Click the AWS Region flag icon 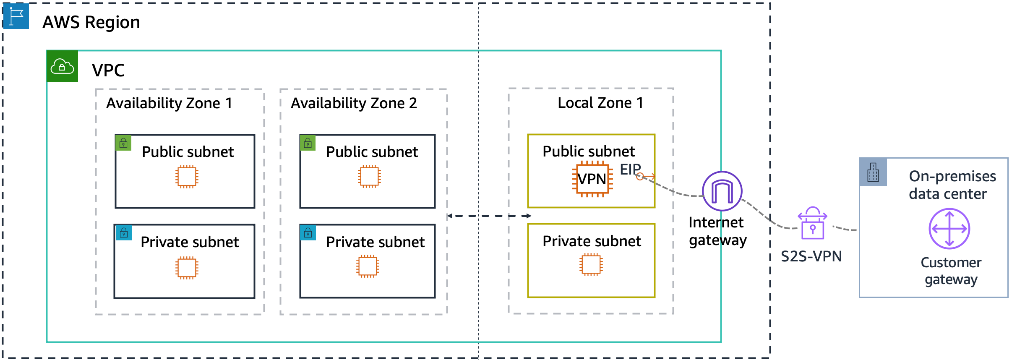coord(16,16)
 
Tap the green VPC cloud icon coord(62,66)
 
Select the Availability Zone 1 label coord(169,103)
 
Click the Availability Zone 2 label coord(354,103)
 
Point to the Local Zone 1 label coord(600,103)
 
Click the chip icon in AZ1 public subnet coord(187,177)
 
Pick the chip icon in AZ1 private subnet coord(187,268)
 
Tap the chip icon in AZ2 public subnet coord(369,177)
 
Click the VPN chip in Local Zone coord(592,179)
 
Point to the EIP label coord(630,170)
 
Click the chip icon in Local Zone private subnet coord(591,265)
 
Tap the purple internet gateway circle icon coord(722,191)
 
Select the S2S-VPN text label coord(811,256)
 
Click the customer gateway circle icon coord(949,229)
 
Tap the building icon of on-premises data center coord(873,172)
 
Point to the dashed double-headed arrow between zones coord(489,216)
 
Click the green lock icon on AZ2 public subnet coord(308,143)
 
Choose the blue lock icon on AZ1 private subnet coord(124,233)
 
